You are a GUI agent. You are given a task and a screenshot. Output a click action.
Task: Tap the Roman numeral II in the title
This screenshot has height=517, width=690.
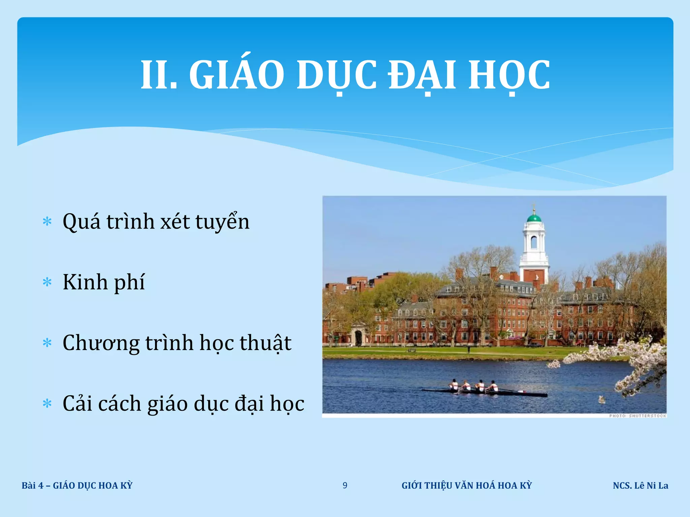158,75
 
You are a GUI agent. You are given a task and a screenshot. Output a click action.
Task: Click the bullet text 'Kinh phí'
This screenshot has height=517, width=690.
104,282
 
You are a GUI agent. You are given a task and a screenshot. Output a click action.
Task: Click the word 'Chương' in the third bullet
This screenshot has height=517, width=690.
101,343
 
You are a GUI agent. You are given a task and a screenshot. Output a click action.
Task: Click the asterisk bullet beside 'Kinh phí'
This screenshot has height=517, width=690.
47,282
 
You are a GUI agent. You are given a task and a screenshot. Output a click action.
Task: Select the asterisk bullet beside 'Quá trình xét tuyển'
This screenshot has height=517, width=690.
47,221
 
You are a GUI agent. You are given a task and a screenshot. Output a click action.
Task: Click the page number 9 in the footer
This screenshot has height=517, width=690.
345,485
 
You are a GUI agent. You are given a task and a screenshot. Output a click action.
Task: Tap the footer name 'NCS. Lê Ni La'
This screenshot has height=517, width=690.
640,485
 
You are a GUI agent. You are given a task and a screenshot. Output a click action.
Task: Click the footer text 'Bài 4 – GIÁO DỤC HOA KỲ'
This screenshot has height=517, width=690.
77,485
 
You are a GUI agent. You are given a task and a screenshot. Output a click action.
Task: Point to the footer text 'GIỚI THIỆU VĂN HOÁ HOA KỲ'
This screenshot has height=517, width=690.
467,485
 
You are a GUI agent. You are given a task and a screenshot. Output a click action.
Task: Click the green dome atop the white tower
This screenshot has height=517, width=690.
534,217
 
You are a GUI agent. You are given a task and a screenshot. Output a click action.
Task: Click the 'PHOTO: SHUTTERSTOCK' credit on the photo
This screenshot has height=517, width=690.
637,416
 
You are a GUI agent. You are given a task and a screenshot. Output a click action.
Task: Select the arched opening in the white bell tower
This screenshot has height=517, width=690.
534,242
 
